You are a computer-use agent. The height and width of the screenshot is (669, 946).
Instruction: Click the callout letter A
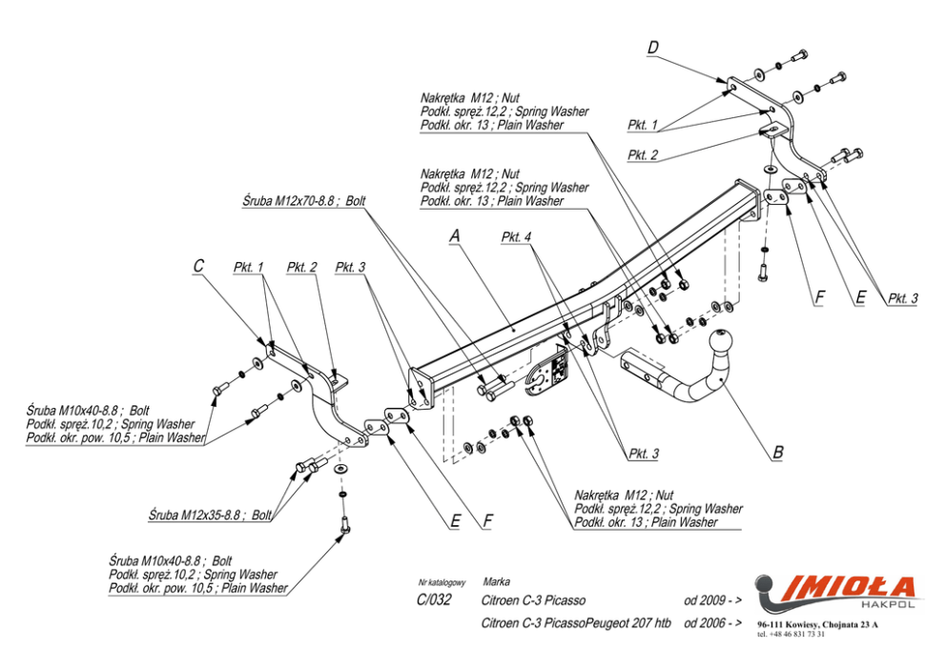pyautogui.click(x=454, y=235)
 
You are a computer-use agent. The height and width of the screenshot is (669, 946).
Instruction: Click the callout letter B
pyautogui.click(x=778, y=452)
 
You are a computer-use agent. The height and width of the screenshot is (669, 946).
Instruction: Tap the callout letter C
pyautogui.click(x=198, y=266)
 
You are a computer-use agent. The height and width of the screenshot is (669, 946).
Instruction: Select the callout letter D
pyautogui.click(x=653, y=48)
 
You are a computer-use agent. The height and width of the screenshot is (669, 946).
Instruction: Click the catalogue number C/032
pyautogui.click(x=434, y=600)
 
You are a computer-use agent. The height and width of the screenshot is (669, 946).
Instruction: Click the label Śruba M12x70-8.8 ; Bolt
pyautogui.click(x=303, y=201)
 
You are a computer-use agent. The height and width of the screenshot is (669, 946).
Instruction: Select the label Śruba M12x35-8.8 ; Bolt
pyautogui.click(x=210, y=515)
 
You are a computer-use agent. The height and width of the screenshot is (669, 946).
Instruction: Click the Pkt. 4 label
pyautogui.click(x=516, y=237)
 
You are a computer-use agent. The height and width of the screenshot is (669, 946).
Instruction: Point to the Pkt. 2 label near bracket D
pyautogui.click(x=643, y=155)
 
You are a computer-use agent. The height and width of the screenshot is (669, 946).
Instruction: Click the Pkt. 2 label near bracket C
pyautogui.click(x=301, y=267)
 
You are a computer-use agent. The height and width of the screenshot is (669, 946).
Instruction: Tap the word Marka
pyautogui.click(x=496, y=581)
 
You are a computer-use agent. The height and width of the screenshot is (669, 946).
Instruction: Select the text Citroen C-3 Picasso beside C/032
pyautogui.click(x=533, y=600)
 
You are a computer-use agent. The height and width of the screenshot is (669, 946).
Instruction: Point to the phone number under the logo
pyautogui.click(x=791, y=634)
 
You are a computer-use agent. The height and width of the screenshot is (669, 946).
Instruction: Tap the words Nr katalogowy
pyautogui.click(x=442, y=583)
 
